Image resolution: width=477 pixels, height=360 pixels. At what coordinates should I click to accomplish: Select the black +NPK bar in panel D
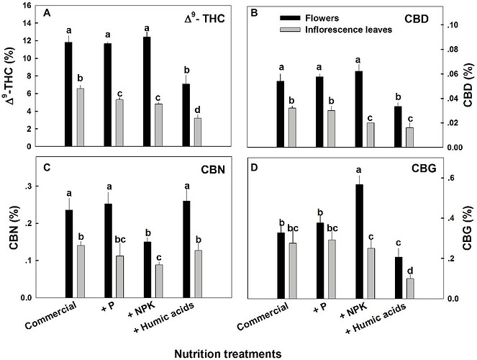(358, 241)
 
